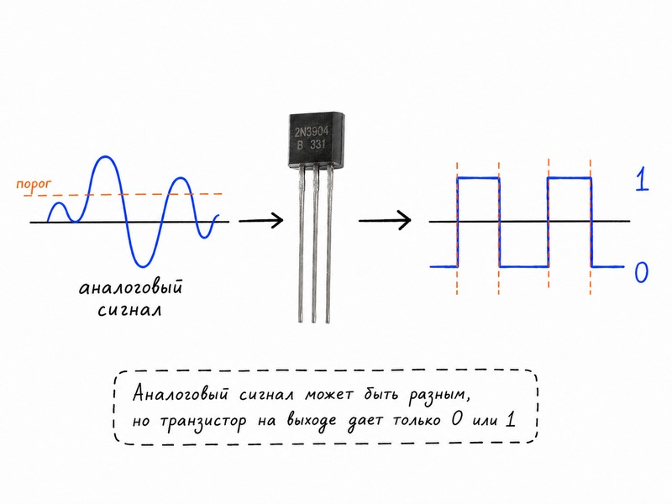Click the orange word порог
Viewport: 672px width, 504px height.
pyautogui.click(x=34, y=185)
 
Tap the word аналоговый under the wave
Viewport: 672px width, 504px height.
pyautogui.click(x=131, y=287)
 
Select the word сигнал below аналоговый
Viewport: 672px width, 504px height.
pyautogui.click(x=130, y=310)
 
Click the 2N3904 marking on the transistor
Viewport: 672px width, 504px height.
pyautogui.click(x=312, y=131)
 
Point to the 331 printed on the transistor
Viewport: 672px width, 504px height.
pyautogui.click(x=318, y=144)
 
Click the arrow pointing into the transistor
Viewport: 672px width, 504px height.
pyautogui.click(x=261, y=221)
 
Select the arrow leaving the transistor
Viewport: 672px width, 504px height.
pyautogui.click(x=385, y=221)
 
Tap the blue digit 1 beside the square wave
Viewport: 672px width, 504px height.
pyautogui.click(x=642, y=180)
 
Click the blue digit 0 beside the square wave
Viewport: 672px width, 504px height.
pyautogui.click(x=641, y=271)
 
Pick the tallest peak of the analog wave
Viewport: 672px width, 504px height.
pyautogui.click(x=105, y=157)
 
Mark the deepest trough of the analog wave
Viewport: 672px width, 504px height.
pyautogui.click(x=143, y=265)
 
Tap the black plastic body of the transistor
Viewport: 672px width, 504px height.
pyautogui.click(x=316, y=139)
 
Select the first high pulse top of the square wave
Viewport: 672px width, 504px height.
pyautogui.click(x=478, y=178)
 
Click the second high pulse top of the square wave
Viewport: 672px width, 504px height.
pyautogui.click(x=570, y=178)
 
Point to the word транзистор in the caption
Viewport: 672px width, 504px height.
pyautogui.click(x=203, y=421)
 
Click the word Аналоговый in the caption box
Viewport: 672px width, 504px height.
pyautogui.click(x=180, y=392)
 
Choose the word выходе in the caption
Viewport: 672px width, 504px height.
pyautogui.click(x=311, y=419)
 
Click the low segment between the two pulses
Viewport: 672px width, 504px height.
pyautogui.click(x=524, y=266)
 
